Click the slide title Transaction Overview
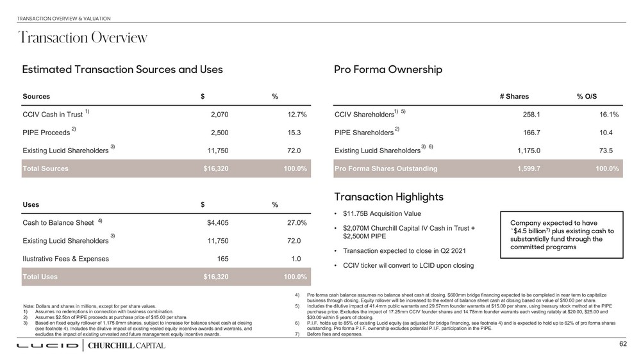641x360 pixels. (x=83, y=38)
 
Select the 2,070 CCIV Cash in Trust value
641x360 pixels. (x=219, y=115)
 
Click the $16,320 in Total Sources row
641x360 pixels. (x=215, y=168)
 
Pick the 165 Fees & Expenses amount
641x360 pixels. (x=222, y=259)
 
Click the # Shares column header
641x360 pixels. (x=514, y=97)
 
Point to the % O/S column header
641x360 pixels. (x=587, y=97)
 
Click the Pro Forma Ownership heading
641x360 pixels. (x=388, y=69)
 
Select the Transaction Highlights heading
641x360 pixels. (x=389, y=197)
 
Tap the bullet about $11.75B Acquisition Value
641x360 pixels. (x=382, y=213)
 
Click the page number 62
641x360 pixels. (x=622, y=345)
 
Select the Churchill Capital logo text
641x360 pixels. (x=126, y=346)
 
